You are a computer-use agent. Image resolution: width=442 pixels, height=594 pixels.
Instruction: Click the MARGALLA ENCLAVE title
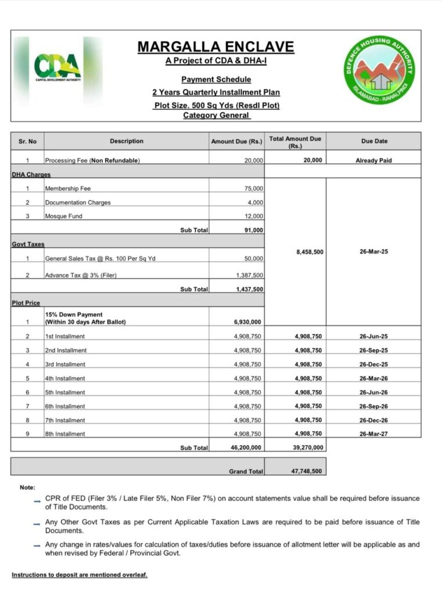215,47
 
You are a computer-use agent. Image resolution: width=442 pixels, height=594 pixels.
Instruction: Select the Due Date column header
373,141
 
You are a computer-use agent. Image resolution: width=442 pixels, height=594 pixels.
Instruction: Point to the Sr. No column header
27,141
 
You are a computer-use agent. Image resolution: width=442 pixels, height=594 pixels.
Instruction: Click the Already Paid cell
373,161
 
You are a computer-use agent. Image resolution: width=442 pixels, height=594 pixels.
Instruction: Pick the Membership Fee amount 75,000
251,189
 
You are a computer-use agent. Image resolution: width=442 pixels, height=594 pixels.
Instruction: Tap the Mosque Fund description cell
64,216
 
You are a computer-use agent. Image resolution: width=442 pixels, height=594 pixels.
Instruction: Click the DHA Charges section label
31,174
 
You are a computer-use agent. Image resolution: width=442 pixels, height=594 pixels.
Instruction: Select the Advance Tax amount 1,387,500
249,275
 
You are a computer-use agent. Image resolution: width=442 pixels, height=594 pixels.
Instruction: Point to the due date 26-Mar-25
373,252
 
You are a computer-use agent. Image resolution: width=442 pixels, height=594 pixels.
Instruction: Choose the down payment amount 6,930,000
247,322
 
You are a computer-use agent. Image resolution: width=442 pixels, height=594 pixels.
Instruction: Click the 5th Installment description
65,392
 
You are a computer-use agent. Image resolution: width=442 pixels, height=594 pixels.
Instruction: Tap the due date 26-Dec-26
373,420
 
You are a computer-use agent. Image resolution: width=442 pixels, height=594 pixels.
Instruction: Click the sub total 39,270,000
306,447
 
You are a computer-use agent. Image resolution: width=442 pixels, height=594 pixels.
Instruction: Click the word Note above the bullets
27,487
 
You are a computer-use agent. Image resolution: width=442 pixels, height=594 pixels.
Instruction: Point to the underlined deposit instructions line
80,575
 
